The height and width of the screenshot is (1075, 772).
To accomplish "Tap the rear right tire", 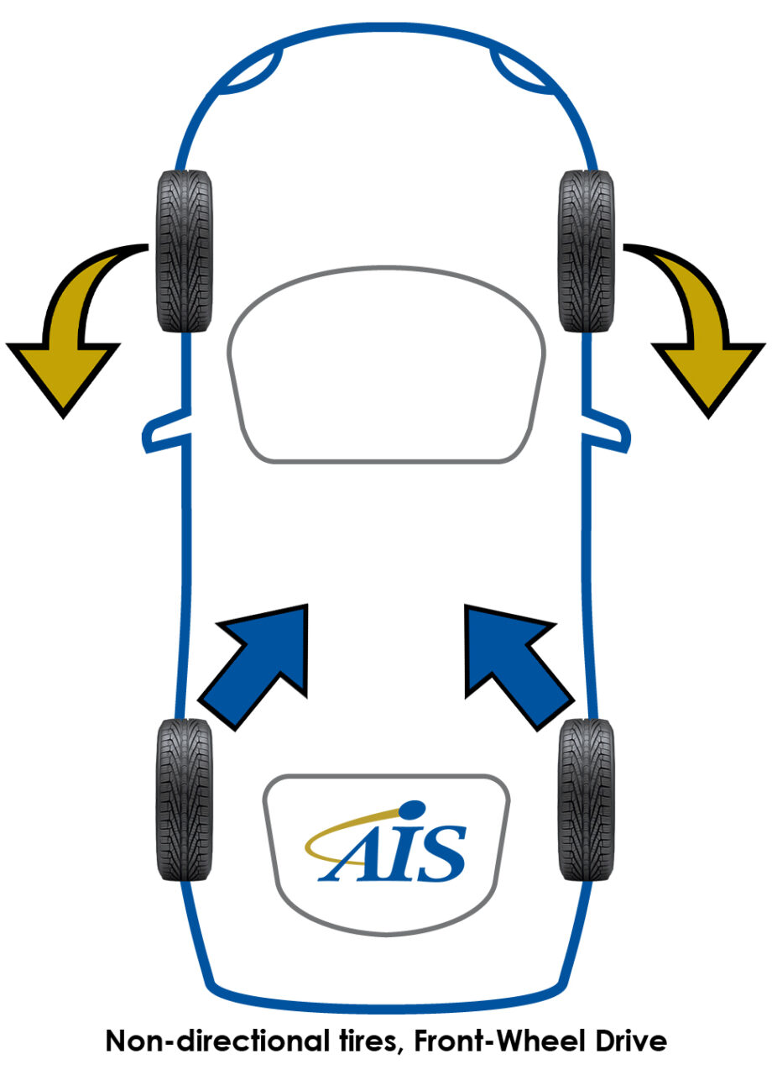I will tap(587, 800).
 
